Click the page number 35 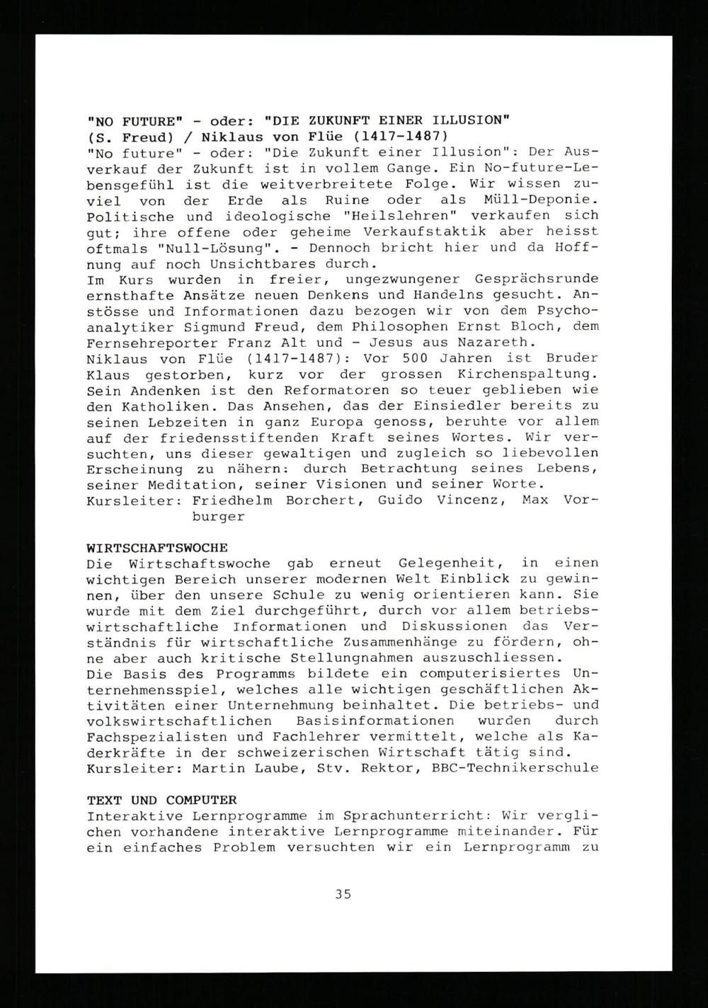(x=343, y=894)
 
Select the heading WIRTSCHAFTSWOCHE (x=156, y=548)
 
